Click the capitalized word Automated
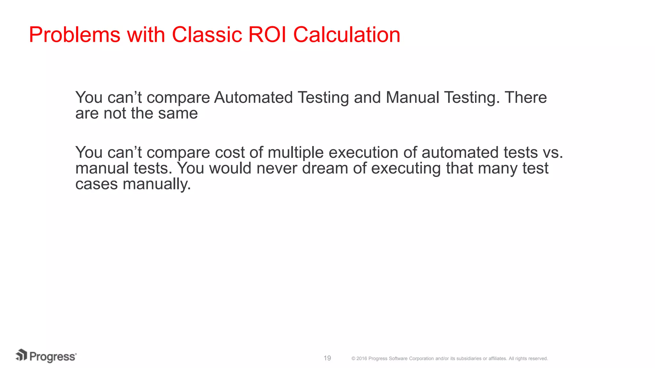[x=253, y=97]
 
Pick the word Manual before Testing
[x=413, y=97]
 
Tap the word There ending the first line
[x=526, y=97]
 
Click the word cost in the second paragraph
[x=230, y=152]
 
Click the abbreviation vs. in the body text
[x=553, y=152]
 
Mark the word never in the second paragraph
[x=277, y=168]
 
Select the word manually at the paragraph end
[x=157, y=184]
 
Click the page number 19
[x=327, y=358]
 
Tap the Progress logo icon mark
[x=21, y=355]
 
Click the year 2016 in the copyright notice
[x=362, y=359]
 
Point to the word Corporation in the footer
[x=421, y=359]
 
